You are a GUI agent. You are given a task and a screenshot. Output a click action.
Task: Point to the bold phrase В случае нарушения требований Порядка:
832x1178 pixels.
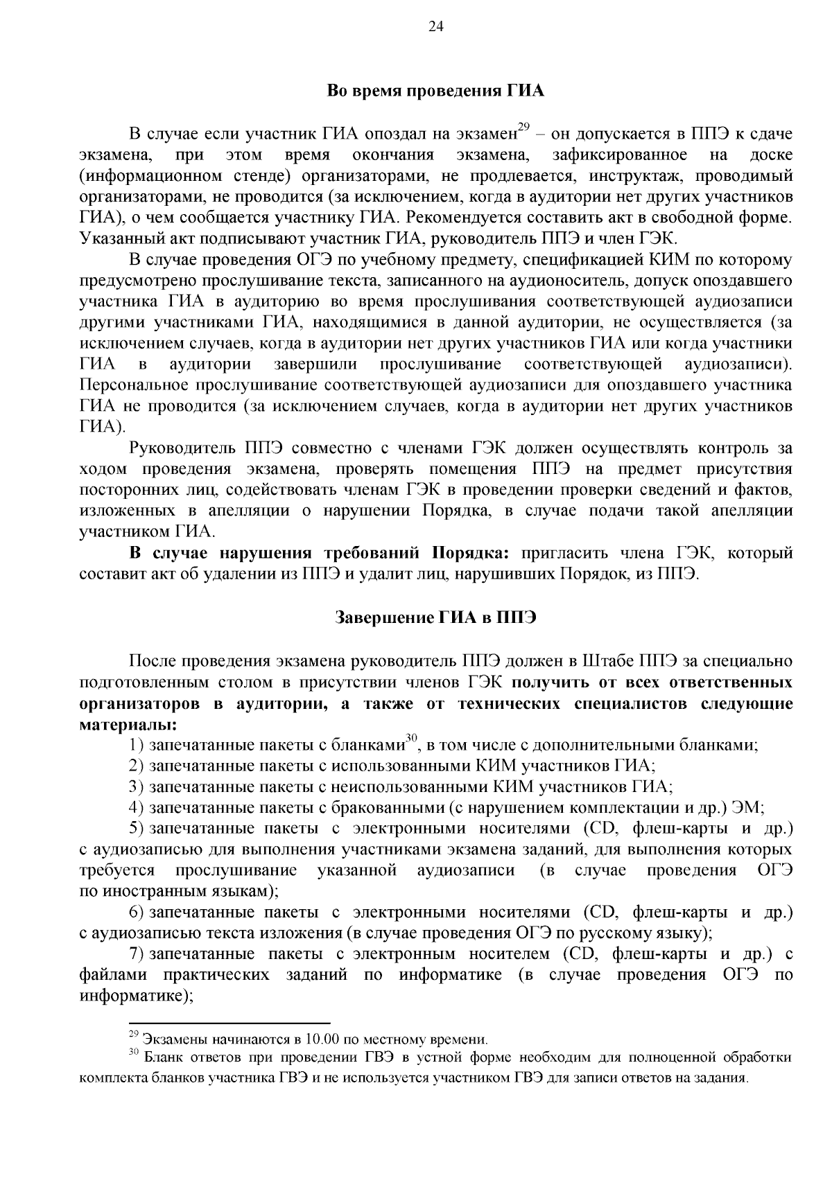click(320, 554)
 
